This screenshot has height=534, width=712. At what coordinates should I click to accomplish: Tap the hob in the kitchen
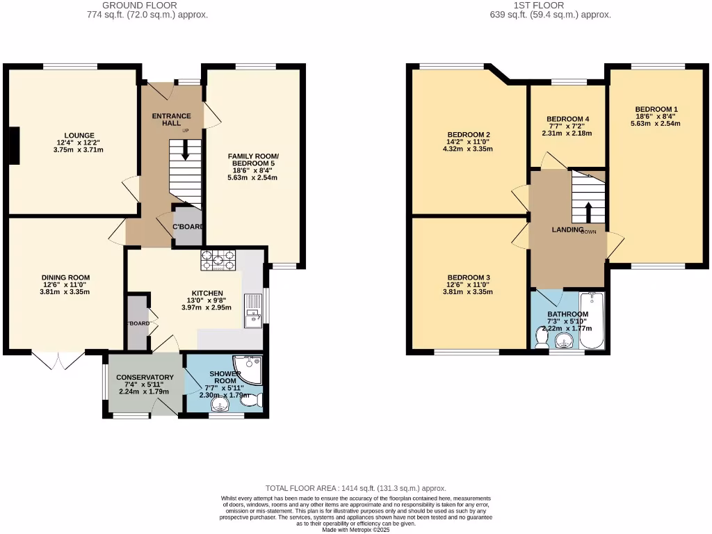tap(219, 260)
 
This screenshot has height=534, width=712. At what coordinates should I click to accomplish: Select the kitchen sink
tap(252, 309)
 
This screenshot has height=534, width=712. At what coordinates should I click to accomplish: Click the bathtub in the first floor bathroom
tap(592, 322)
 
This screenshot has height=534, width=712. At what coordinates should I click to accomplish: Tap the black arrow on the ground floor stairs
tap(185, 149)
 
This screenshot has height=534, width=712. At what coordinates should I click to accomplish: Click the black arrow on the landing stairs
tap(589, 211)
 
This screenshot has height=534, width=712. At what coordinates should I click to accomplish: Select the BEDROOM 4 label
tap(567, 119)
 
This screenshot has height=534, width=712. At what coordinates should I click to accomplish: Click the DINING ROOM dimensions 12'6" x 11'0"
tap(65, 284)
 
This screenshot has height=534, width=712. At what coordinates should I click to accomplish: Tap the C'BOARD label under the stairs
tap(188, 227)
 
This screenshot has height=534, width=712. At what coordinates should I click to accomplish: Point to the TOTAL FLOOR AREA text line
tap(356, 489)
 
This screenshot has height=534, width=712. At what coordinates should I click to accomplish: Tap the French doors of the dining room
tap(58, 359)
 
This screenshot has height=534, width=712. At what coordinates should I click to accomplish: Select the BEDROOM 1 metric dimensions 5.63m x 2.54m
tap(655, 124)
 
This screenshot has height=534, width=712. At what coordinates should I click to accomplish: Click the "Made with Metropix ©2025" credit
tap(356, 530)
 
